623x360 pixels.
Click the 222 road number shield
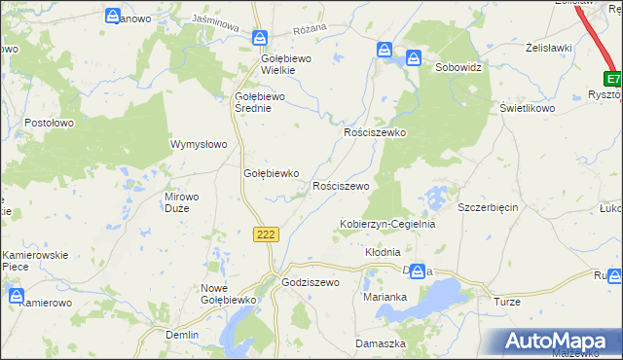(x=269, y=234)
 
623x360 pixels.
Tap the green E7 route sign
(x=612, y=79)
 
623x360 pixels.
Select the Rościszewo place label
(x=340, y=185)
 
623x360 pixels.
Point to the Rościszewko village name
(x=375, y=131)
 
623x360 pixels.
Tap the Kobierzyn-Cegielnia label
(x=386, y=224)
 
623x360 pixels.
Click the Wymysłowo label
(x=199, y=144)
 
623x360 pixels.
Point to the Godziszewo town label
(x=309, y=282)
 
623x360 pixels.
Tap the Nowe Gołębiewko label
(x=227, y=294)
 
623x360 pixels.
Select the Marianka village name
(x=384, y=297)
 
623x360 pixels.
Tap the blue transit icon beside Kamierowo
(x=17, y=294)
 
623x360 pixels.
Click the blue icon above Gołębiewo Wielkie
(x=260, y=38)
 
